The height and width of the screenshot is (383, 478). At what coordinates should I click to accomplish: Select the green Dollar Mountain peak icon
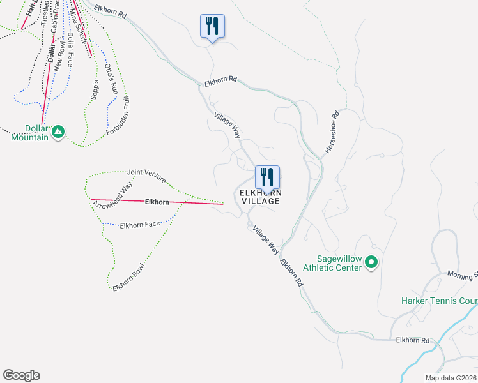coord(58,131)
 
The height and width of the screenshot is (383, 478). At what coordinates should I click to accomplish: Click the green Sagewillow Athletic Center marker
coord(370,262)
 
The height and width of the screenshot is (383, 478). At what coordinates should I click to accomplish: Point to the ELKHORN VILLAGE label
coord(260,197)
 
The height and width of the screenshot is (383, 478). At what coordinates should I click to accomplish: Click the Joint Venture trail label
coord(146,172)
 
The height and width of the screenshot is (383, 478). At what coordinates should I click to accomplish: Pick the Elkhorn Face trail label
coord(140,225)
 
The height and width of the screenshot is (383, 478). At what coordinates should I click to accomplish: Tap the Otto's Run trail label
coord(112,76)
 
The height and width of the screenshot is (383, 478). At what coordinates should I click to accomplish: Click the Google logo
coord(21,375)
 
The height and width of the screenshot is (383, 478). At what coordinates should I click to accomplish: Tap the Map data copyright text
coord(450,378)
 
